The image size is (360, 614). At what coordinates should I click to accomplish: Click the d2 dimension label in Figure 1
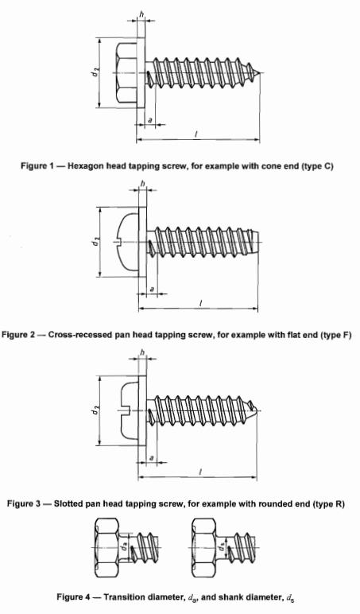click(x=95, y=72)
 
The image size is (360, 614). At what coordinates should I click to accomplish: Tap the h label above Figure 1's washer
click(x=141, y=14)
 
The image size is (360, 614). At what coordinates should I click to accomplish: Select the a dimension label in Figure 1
click(x=150, y=120)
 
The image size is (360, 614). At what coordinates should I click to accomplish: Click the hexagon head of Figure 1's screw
click(x=126, y=73)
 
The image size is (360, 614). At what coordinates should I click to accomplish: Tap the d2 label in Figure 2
click(x=95, y=242)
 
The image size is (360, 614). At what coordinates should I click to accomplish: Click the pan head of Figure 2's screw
click(x=129, y=242)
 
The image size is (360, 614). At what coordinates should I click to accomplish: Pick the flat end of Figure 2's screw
click(x=257, y=242)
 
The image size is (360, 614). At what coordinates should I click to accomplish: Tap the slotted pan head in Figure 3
click(x=129, y=410)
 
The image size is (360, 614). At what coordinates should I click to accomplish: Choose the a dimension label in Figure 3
click(x=152, y=458)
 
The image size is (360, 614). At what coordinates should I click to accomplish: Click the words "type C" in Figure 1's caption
click(x=317, y=166)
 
